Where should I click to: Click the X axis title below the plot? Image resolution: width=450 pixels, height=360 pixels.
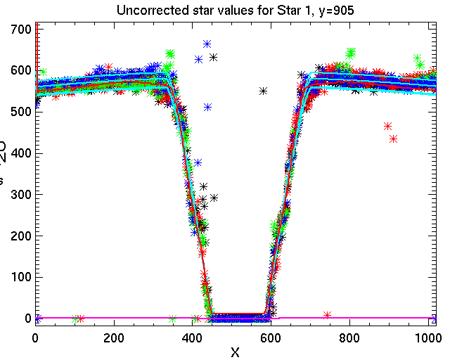pos(235,352)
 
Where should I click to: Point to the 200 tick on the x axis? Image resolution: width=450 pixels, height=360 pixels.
pos(114,337)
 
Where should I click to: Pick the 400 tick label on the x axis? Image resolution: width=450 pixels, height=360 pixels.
pos(192,337)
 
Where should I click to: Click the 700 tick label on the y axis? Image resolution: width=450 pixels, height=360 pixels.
pos(17,29)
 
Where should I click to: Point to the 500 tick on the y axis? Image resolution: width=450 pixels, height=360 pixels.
pos(17,111)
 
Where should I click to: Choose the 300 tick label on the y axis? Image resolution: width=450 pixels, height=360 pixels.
pos(17,194)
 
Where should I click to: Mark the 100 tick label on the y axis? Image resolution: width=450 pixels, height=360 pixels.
pos(17,277)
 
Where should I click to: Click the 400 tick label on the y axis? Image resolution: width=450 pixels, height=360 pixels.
pos(17,153)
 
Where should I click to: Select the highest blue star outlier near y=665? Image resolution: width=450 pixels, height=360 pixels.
pos(207,44)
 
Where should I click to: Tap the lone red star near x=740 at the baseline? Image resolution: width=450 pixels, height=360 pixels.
pos(327,314)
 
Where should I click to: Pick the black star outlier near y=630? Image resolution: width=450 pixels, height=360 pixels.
pos(213,57)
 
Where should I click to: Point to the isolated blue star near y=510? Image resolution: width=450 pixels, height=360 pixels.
pos(208,107)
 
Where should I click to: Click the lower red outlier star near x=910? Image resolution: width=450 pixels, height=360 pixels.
pos(394,139)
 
